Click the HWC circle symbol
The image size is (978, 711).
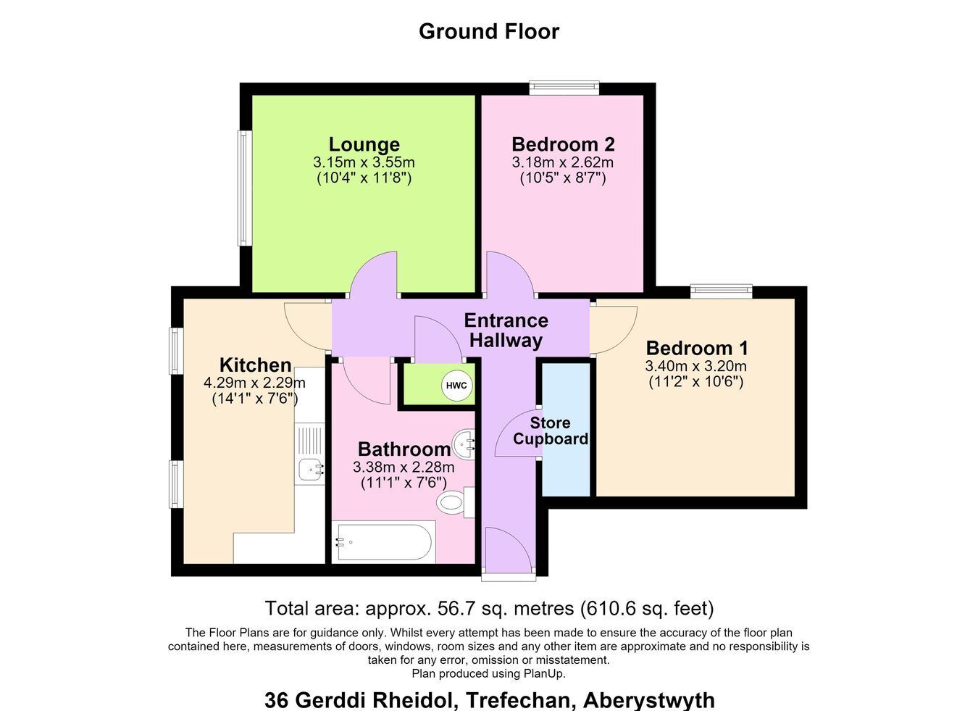tap(456, 386)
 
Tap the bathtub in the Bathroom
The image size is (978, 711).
tap(384, 541)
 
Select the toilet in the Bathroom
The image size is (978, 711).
tap(456, 502)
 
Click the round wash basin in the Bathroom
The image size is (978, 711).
tap(464, 445)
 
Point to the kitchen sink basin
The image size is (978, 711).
tap(312, 470)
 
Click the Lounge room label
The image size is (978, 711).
tap(364, 144)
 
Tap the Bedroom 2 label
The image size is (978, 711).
tap(563, 144)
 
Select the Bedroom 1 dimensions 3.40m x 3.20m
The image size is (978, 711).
tap(696, 366)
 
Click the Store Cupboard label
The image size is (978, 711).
tap(551, 431)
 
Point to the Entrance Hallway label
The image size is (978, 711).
tap(506, 330)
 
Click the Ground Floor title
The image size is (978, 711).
tap(489, 31)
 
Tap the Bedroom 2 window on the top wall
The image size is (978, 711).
tap(564, 88)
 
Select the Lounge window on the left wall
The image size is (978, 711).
tap(245, 188)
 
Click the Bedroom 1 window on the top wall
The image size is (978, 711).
tap(722, 291)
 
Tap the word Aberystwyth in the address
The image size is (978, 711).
tap(649, 701)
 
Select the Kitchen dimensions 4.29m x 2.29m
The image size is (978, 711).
tap(254, 383)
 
